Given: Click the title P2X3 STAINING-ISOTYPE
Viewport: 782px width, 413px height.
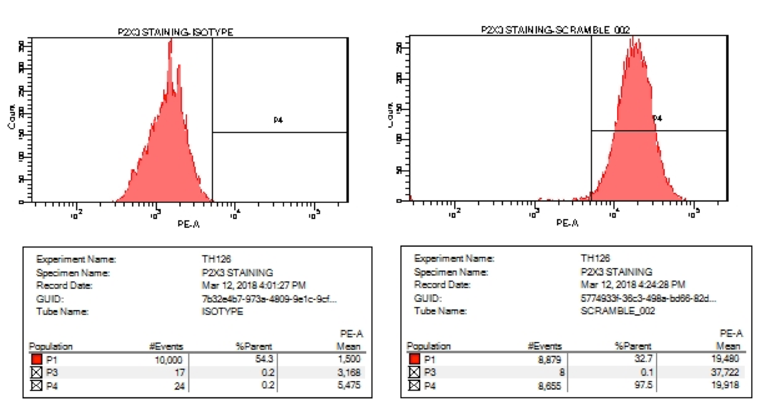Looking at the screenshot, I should (176, 33).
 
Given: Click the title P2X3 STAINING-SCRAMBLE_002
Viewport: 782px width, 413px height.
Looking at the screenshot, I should (556, 30).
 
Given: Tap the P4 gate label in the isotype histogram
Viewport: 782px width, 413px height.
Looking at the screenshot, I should (279, 120).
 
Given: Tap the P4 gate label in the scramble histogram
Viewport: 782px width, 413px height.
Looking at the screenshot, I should (657, 118).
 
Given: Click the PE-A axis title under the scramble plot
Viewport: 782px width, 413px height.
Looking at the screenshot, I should (567, 223).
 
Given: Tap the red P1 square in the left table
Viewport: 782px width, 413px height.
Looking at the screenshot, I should (36, 360).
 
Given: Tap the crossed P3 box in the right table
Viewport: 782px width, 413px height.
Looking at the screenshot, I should (415, 372).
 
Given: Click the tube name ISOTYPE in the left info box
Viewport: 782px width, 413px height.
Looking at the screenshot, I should (222, 312).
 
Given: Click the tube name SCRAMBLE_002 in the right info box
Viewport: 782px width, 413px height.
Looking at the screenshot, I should (618, 311).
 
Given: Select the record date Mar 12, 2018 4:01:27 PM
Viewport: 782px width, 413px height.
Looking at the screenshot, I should (254, 286).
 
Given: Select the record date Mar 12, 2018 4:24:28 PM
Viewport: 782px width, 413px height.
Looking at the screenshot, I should (633, 285).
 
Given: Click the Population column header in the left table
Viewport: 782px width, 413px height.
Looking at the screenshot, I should (51, 347).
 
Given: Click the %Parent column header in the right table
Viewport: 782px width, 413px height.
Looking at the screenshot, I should (633, 346).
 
